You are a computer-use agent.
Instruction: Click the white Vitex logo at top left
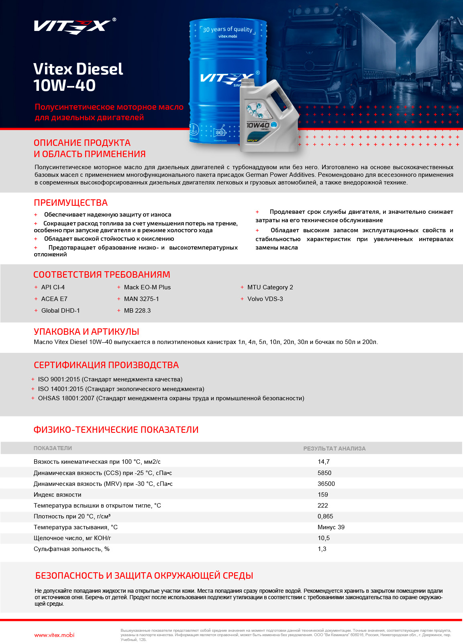click(x=72, y=26)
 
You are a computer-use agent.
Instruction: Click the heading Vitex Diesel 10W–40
click(x=78, y=77)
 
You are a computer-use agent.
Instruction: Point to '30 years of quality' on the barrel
click(x=227, y=29)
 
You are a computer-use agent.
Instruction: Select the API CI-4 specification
click(x=53, y=287)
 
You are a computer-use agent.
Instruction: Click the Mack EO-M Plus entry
click(x=147, y=287)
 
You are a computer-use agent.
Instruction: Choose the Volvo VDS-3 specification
click(x=265, y=299)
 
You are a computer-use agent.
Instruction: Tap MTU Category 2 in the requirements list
click(x=270, y=287)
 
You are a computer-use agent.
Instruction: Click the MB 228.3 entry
click(x=137, y=311)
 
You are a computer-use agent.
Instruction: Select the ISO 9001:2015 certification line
click(x=110, y=379)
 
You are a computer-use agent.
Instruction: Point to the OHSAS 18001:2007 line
click(x=171, y=398)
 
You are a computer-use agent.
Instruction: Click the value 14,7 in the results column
click(x=324, y=462)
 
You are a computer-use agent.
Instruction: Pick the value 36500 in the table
click(x=326, y=484)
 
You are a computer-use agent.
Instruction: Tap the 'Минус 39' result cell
click(x=331, y=527)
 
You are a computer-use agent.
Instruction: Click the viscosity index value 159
click(x=323, y=495)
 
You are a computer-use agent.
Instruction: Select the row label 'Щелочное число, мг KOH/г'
click(x=72, y=538)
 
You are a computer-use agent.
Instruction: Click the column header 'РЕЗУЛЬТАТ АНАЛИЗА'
click(x=334, y=448)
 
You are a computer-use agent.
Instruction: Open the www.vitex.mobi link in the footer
click(x=54, y=635)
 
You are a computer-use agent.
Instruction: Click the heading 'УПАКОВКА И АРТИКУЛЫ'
click(x=86, y=332)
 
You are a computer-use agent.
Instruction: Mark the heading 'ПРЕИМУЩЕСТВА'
click(x=71, y=203)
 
